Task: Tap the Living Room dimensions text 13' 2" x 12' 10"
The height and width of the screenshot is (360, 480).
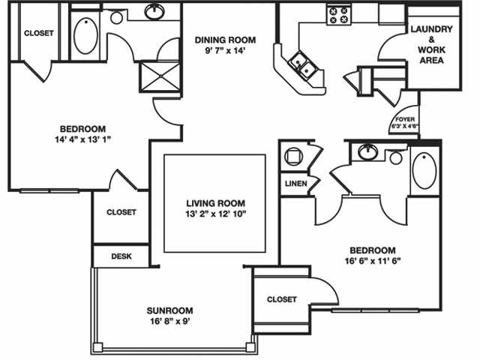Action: click(216, 214)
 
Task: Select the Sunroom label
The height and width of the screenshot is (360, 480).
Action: click(171, 310)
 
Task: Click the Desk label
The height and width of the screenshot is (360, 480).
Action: click(121, 256)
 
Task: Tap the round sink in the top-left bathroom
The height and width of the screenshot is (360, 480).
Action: click(156, 11)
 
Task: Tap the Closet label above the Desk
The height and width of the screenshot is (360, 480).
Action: click(121, 212)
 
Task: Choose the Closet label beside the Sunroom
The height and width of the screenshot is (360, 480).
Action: click(282, 298)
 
